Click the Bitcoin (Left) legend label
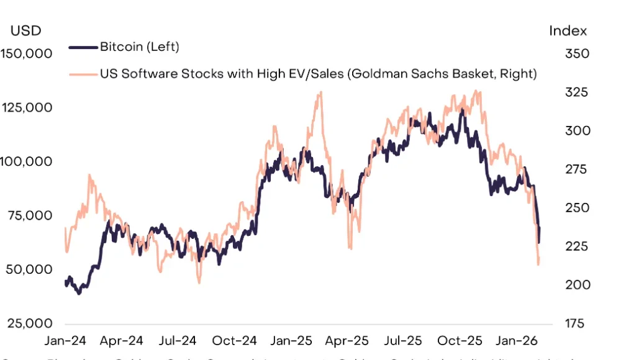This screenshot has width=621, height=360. click(139, 47)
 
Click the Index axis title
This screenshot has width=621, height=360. click(568, 30)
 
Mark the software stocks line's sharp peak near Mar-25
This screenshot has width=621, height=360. click(320, 92)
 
